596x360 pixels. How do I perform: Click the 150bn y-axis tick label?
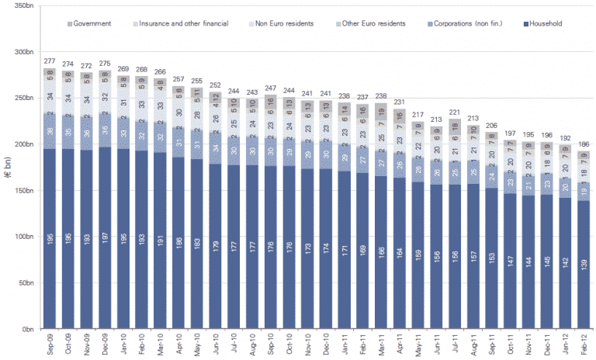point(25,191)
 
